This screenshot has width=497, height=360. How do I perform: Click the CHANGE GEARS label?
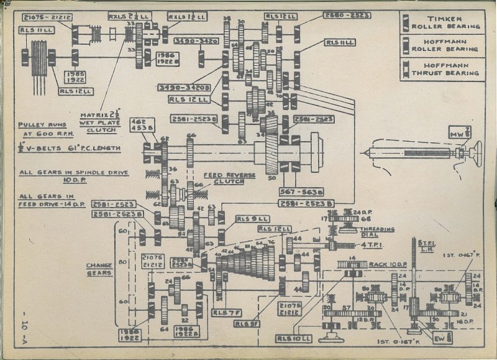pyautogui.click(x=99, y=269)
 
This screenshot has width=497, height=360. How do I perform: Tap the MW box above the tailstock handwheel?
pyautogui.click(x=457, y=132)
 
